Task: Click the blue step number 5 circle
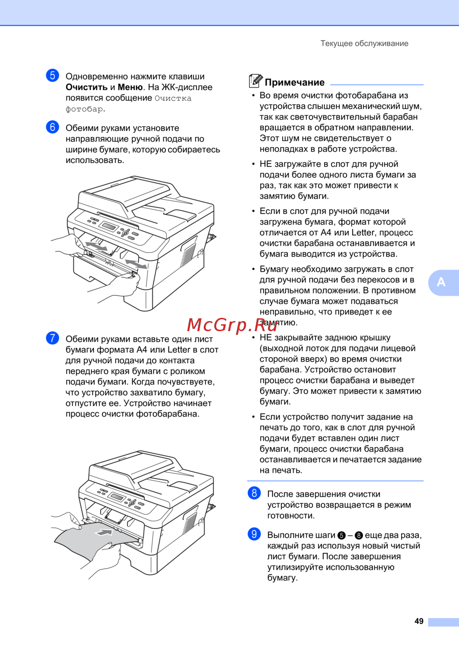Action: tap(52, 76)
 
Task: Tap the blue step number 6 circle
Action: tap(52, 127)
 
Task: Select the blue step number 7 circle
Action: tap(52, 338)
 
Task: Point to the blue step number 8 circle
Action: tap(254, 493)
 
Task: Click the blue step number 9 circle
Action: tap(254, 534)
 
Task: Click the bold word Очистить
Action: tap(87, 87)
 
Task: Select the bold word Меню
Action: tap(130, 87)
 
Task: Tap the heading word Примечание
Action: tap(295, 83)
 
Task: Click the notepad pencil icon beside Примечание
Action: tap(255, 81)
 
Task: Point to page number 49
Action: tap(419, 621)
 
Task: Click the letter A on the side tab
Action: tap(441, 282)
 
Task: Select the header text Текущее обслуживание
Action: tap(364, 44)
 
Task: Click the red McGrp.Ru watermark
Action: tap(232, 325)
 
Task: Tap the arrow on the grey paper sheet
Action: tap(104, 532)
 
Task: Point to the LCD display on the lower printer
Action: tap(117, 497)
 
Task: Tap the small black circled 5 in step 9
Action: tap(341, 536)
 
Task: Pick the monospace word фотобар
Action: tap(84, 109)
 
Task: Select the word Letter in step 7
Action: tap(179, 350)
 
